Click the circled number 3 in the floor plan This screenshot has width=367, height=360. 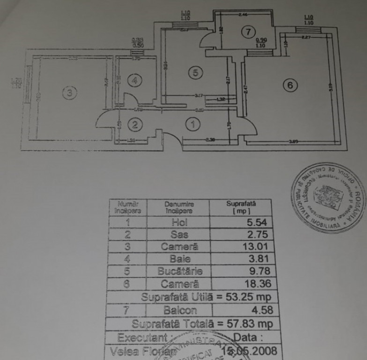(x=69, y=93)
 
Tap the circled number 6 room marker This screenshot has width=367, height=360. (x=291, y=85)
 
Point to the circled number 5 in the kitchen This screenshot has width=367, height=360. (x=196, y=72)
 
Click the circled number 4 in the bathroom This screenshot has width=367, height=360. (x=135, y=81)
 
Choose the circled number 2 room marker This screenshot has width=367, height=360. (x=135, y=125)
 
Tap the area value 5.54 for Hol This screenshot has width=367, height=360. (x=257, y=223)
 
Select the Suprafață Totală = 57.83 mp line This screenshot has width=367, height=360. (x=200, y=323)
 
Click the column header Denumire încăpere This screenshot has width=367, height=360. (x=179, y=208)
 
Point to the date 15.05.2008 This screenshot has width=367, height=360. (x=249, y=351)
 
